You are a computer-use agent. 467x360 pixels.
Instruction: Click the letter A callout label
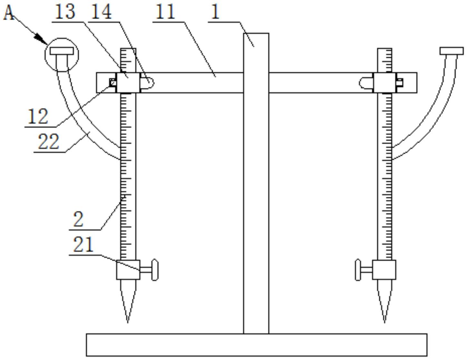click(9, 13)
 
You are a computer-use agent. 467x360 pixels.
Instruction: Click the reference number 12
click(38, 116)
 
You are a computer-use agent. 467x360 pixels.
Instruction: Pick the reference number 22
click(48, 141)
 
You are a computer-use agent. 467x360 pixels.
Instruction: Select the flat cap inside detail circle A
click(62, 51)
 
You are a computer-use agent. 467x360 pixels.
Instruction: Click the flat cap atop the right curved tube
click(452, 51)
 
